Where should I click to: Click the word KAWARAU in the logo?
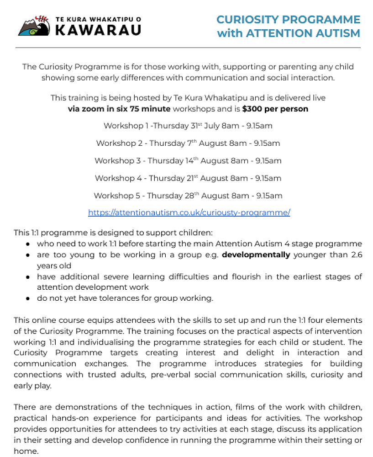tap(98, 30)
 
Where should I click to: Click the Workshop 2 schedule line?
tap(188, 143)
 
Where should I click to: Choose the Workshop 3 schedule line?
tap(188, 160)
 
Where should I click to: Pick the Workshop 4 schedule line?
tap(188, 178)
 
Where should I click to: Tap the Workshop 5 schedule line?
tap(188, 196)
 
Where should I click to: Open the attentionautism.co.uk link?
tap(189, 213)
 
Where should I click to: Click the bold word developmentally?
tap(256, 255)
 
